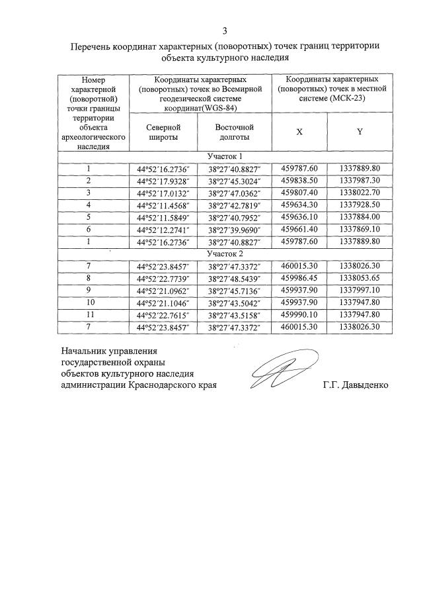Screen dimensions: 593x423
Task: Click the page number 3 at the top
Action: (225, 30)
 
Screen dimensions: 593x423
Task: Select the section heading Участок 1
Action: (225, 156)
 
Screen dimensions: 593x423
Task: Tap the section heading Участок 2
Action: (225, 253)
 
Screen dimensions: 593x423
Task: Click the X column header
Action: (299, 132)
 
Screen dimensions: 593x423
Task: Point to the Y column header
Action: (360, 132)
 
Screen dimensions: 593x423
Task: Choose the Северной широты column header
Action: (161, 132)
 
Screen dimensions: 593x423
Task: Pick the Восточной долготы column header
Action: (234, 132)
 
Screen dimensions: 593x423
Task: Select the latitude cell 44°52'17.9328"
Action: (162, 181)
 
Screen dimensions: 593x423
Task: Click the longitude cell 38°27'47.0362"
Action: (235, 193)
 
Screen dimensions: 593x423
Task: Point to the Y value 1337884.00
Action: (360, 216)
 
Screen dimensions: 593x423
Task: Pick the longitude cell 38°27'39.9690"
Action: (235, 229)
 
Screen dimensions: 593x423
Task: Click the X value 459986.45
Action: (299, 278)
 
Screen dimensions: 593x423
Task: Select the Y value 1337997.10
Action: (360, 290)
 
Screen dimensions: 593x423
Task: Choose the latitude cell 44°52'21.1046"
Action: (162, 302)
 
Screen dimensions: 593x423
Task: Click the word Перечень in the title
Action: (93, 47)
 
